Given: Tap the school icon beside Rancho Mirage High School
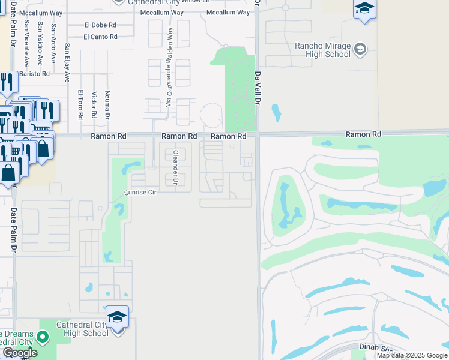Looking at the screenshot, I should click(x=361, y=49).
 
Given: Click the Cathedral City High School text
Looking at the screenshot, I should click(x=82, y=329).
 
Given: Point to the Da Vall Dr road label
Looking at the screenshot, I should click(x=258, y=90).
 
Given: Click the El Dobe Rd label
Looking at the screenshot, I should click(x=100, y=25).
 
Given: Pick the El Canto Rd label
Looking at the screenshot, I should click(x=100, y=37).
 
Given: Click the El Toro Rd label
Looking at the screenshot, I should click(x=80, y=104).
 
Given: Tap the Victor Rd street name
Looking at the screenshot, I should click(x=94, y=105).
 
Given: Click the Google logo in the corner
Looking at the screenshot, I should click(x=19, y=353).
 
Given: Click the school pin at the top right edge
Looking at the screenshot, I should click(x=364, y=10).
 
